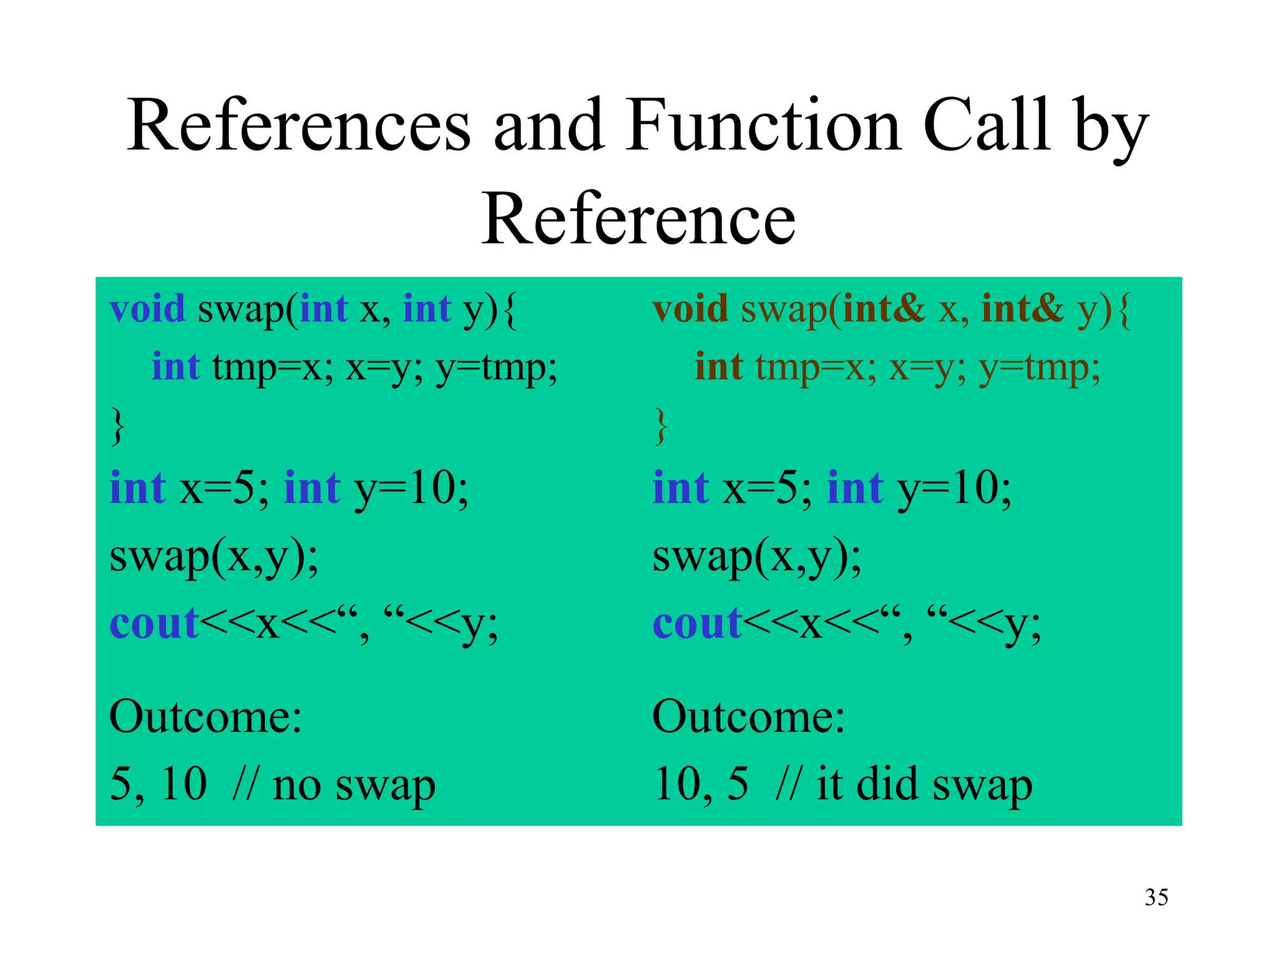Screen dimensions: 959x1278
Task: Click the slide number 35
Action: click(1156, 897)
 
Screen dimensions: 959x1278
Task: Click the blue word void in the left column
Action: click(147, 308)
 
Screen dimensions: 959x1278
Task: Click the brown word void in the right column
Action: click(690, 308)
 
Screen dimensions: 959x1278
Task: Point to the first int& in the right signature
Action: click(884, 308)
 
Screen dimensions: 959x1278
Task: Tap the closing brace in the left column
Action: click(117, 426)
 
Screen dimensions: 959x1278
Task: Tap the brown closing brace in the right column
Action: click(660, 426)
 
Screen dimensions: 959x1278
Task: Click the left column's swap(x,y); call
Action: click(213, 557)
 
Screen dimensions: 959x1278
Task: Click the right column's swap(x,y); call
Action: click(756, 557)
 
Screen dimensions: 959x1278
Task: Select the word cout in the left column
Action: click(154, 624)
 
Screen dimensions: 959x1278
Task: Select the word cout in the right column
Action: click(696, 624)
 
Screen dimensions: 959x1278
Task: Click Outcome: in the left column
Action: click(205, 717)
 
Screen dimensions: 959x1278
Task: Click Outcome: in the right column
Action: click(748, 717)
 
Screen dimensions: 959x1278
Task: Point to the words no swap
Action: click(354, 785)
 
